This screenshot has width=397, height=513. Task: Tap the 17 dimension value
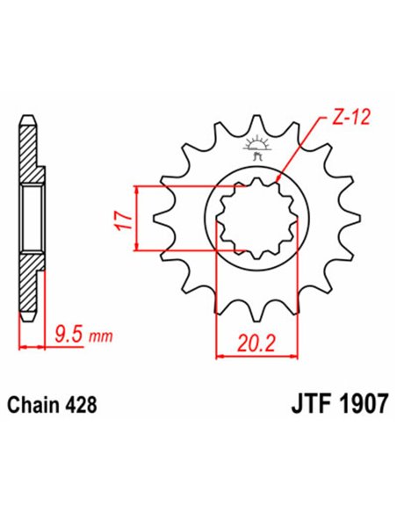(x=124, y=218)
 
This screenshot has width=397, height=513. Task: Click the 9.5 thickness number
(x=65, y=333)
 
